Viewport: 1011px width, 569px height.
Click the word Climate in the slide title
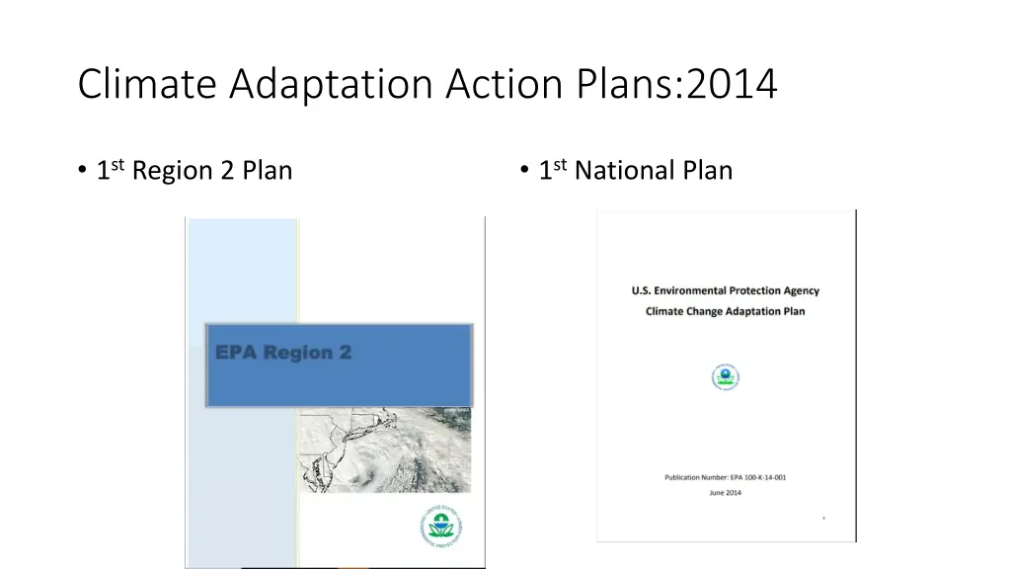(148, 84)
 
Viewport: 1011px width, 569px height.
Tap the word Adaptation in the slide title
(333, 84)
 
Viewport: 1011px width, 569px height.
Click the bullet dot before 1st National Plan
(523, 172)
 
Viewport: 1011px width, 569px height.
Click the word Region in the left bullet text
(173, 171)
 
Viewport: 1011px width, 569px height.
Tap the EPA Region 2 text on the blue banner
(282, 353)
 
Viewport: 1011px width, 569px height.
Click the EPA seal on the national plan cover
(726, 377)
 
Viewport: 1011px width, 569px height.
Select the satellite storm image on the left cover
(385, 449)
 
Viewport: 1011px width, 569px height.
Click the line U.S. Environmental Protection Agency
(726, 290)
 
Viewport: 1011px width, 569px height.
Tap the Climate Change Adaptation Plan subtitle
(726, 311)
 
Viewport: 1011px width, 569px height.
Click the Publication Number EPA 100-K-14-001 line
(726, 477)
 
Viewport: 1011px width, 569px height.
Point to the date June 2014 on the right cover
(726, 492)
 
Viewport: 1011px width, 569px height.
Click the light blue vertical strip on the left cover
(242, 267)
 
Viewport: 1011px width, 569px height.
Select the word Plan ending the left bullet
(268, 171)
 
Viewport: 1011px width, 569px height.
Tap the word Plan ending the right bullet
(707, 171)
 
